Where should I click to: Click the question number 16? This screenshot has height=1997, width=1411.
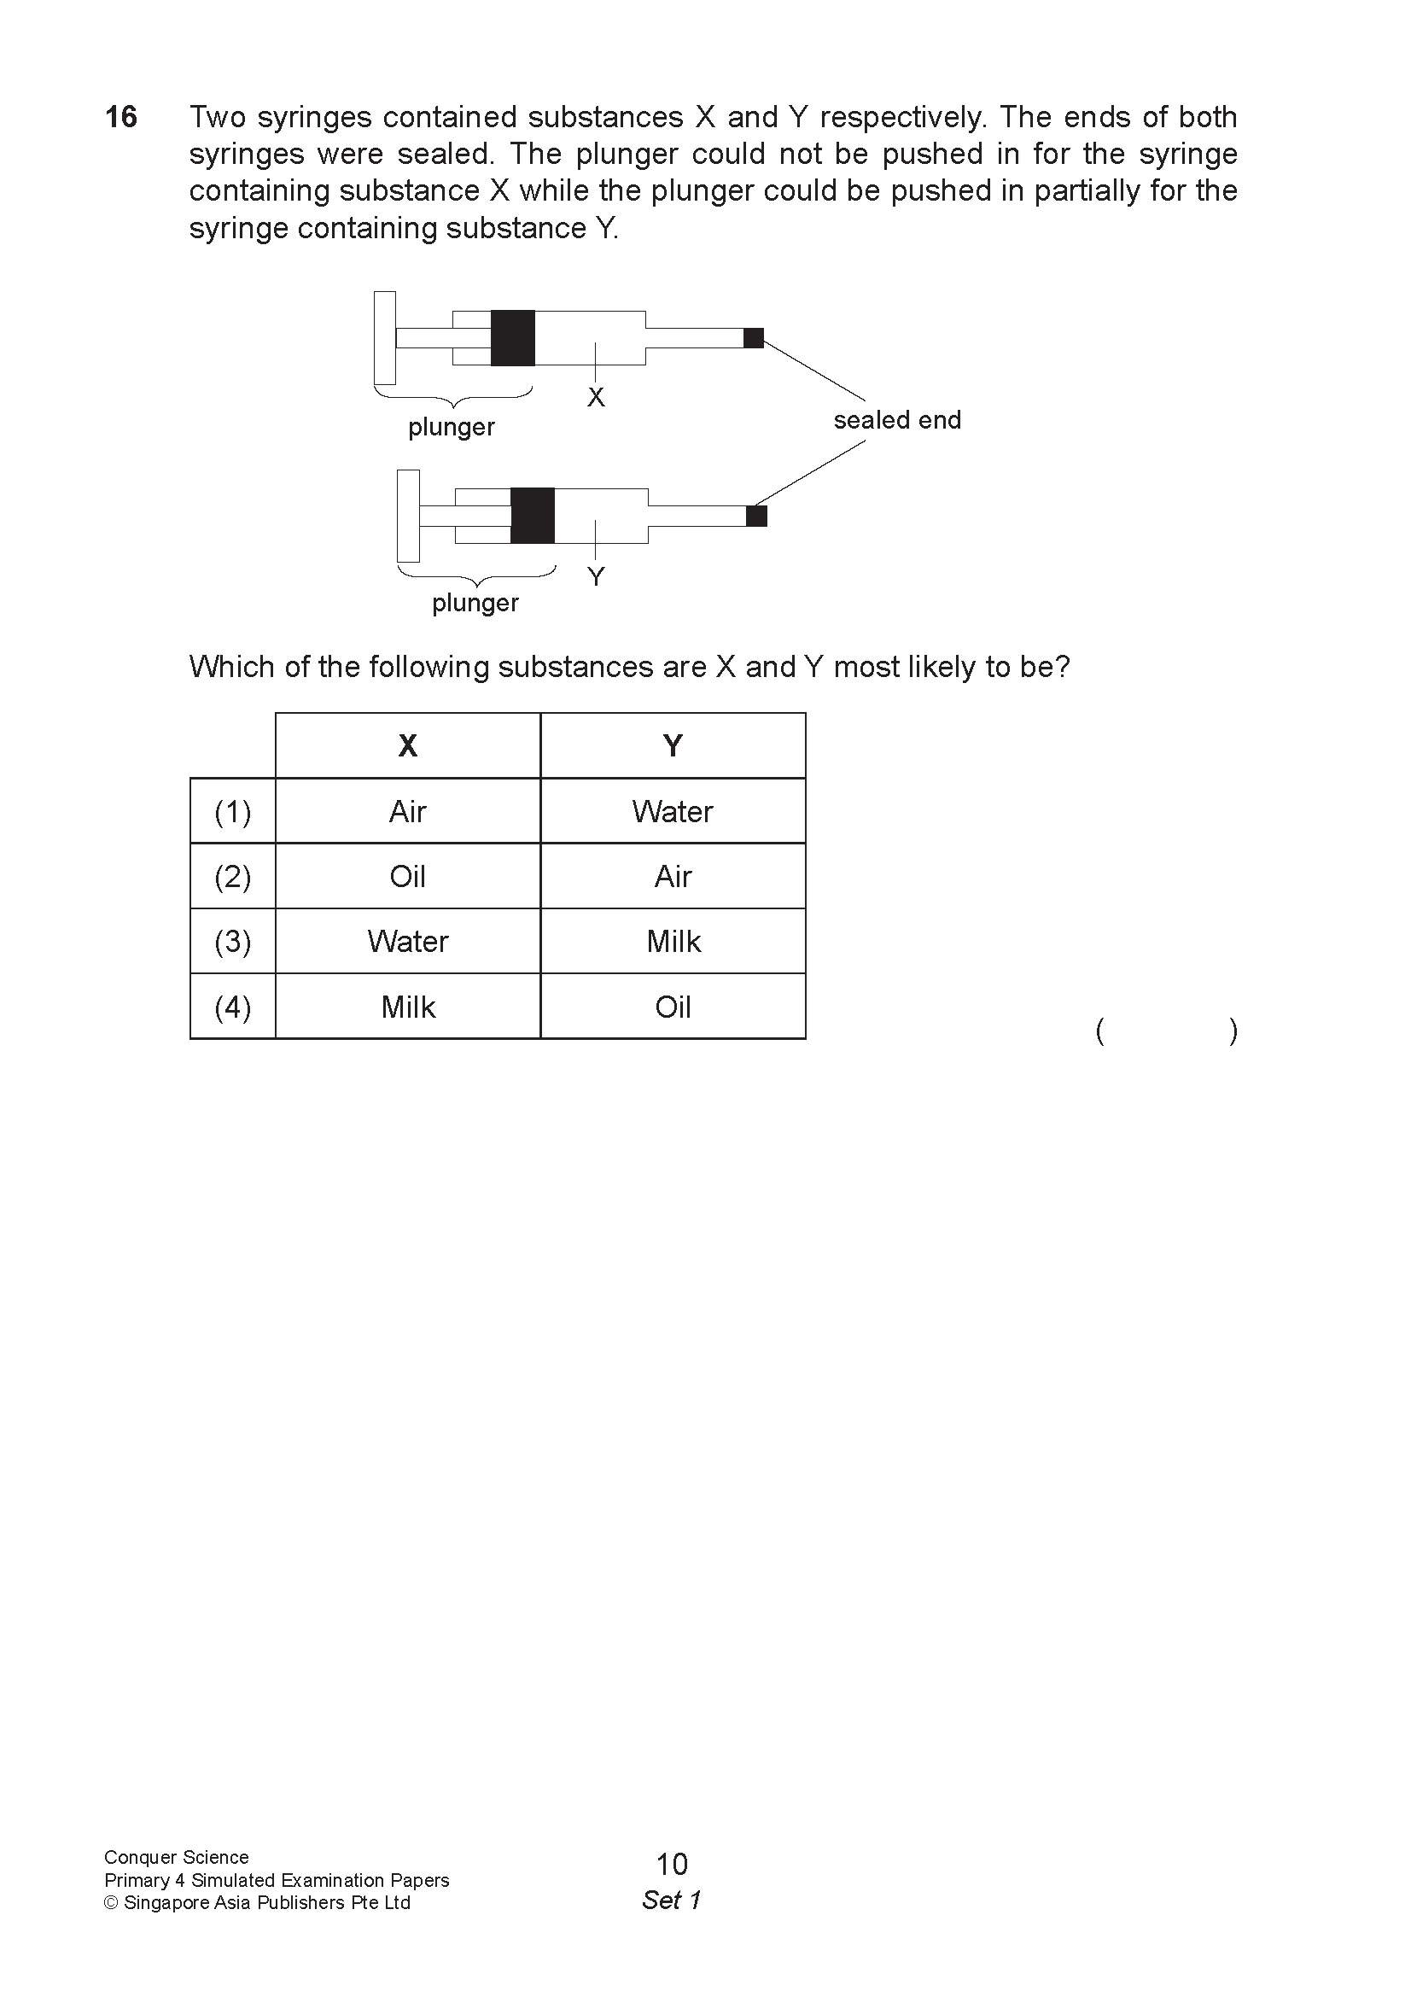click(121, 117)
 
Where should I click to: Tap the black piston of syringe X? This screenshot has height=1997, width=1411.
click(512, 337)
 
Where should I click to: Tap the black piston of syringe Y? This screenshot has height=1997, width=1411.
click(532, 515)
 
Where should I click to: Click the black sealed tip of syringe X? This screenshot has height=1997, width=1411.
click(753, 337)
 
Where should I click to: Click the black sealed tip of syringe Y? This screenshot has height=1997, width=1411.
click(756, 516)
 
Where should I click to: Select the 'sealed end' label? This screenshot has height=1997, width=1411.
click(896, 420)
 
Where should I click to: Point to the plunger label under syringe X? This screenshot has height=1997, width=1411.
click(452, 427)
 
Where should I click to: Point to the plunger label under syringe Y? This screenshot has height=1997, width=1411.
click(475, 603)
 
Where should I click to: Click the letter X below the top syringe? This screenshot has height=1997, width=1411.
click(596, 398)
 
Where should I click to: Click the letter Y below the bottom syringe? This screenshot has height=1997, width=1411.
click(596, 575)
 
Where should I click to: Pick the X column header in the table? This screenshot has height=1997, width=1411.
click(407, 745)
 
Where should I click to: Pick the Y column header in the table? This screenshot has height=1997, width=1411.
click(672, 745)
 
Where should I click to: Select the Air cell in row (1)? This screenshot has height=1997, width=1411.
click(407, 811)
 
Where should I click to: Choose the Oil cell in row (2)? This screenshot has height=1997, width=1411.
click(407, 876)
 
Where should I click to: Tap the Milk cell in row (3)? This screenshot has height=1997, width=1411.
click(672, 941)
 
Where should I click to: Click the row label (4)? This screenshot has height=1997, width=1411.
click(232, 1007)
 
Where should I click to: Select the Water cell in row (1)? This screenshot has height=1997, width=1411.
click(672, 811)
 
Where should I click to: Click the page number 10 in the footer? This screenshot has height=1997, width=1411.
click(671, 1864)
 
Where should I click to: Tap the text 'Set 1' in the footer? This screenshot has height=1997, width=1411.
click(671, 1901)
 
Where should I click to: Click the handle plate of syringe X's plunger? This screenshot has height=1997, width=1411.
click(384, 337)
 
